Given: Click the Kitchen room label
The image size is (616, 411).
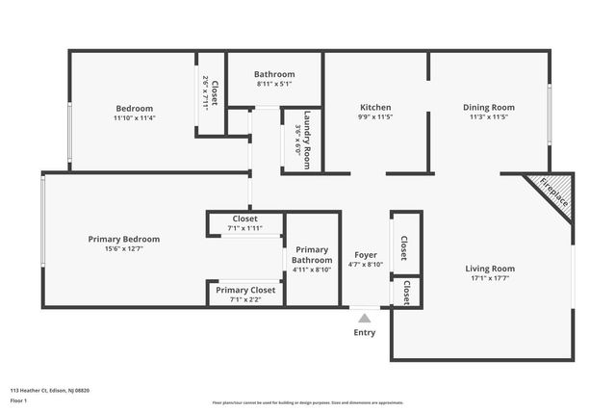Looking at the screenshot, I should [374, 107].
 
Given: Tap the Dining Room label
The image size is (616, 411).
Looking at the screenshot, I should [488, 107].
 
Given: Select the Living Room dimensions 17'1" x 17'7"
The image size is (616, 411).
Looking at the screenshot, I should [490, 280].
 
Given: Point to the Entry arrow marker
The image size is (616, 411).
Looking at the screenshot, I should [364, 317].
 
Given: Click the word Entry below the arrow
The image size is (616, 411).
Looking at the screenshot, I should [364, 333].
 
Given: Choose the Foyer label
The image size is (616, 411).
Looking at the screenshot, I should [365, 254].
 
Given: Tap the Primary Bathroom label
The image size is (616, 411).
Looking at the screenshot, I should [313, 254].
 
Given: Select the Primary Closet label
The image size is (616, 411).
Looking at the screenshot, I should [245, 290].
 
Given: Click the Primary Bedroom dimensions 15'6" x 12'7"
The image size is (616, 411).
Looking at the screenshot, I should [123, 248].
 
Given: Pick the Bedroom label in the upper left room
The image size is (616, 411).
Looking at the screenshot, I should [134, 108].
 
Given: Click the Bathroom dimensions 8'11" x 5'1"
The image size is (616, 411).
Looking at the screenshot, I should [273, 85].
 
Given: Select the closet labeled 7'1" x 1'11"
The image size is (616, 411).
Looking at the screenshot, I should [245, 228].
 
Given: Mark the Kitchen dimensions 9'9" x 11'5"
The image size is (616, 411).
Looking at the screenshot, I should [374, 117].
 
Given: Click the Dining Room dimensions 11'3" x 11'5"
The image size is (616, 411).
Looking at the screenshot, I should [488, 117].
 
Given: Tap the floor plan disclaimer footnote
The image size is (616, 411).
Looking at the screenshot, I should [308, 402].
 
